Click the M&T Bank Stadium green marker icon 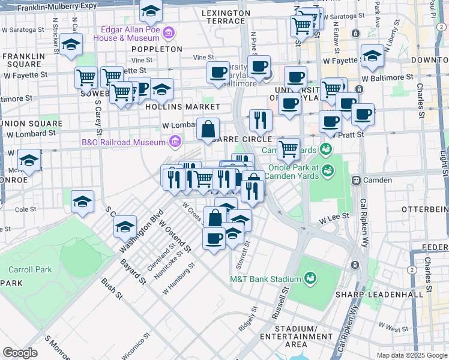point(310,278)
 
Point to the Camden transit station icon point(355,180)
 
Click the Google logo point(20,352)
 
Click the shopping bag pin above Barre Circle point(208,129)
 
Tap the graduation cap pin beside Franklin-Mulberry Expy point(151,11)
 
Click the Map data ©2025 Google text point(412,355)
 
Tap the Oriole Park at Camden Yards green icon point(327,170)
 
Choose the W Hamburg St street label point(179,278)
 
